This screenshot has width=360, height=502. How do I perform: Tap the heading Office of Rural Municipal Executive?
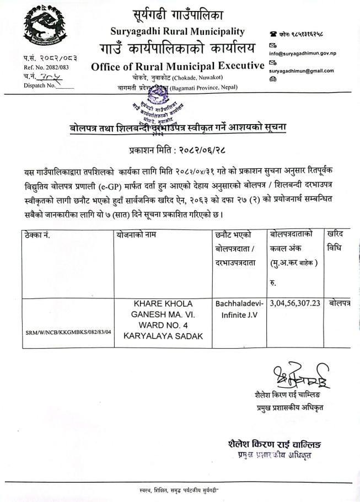pyautogui.click(x=178, y=66)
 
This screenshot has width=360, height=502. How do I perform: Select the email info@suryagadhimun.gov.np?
pyautogui.click(x=310, y=54)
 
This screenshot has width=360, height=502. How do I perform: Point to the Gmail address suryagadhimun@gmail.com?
pyautogui.click(x=309, y=71)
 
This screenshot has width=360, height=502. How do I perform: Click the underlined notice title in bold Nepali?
pyautogui.click(x=178, y=128)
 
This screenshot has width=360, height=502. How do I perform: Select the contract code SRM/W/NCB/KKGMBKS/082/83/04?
pyautogui.click(x=68, y=333)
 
